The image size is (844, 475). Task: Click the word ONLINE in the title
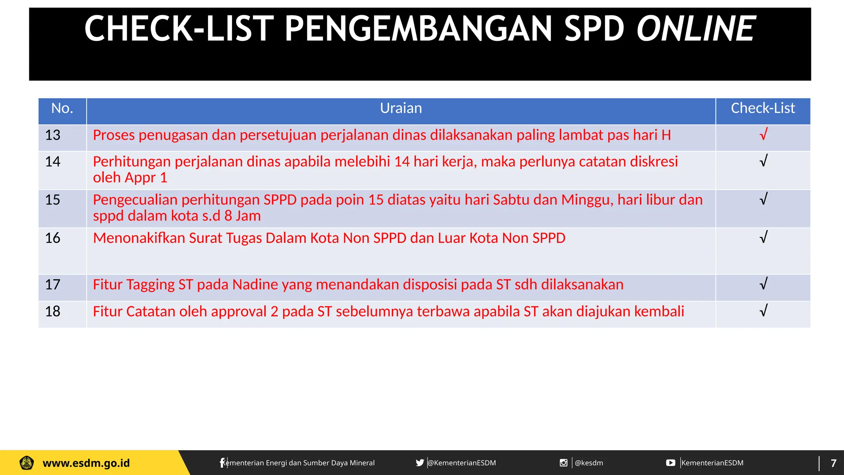tap(696, 29)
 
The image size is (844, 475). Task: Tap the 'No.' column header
tap(62, 108)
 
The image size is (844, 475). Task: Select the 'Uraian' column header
tap(401, 108)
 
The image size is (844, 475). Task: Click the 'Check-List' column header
tap(763, 108)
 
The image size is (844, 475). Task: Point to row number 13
tap(53, 135)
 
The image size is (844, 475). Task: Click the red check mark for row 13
tap(763, 134)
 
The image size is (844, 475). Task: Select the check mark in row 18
tap(763, 310)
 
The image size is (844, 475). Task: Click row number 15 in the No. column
tap(53, 200)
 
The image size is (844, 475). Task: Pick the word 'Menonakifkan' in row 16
tap(139, 238)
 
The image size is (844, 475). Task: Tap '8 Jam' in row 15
tap(242, 216)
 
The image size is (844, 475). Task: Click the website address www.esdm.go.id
tap(86, 463)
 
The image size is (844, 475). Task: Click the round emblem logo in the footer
tap(27, 463)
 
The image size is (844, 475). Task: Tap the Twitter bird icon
tap(420, 463)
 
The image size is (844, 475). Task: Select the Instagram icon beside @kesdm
tap(563, 463)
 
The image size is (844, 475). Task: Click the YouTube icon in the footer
tap(671, 463)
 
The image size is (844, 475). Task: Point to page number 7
tap(833, 463)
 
